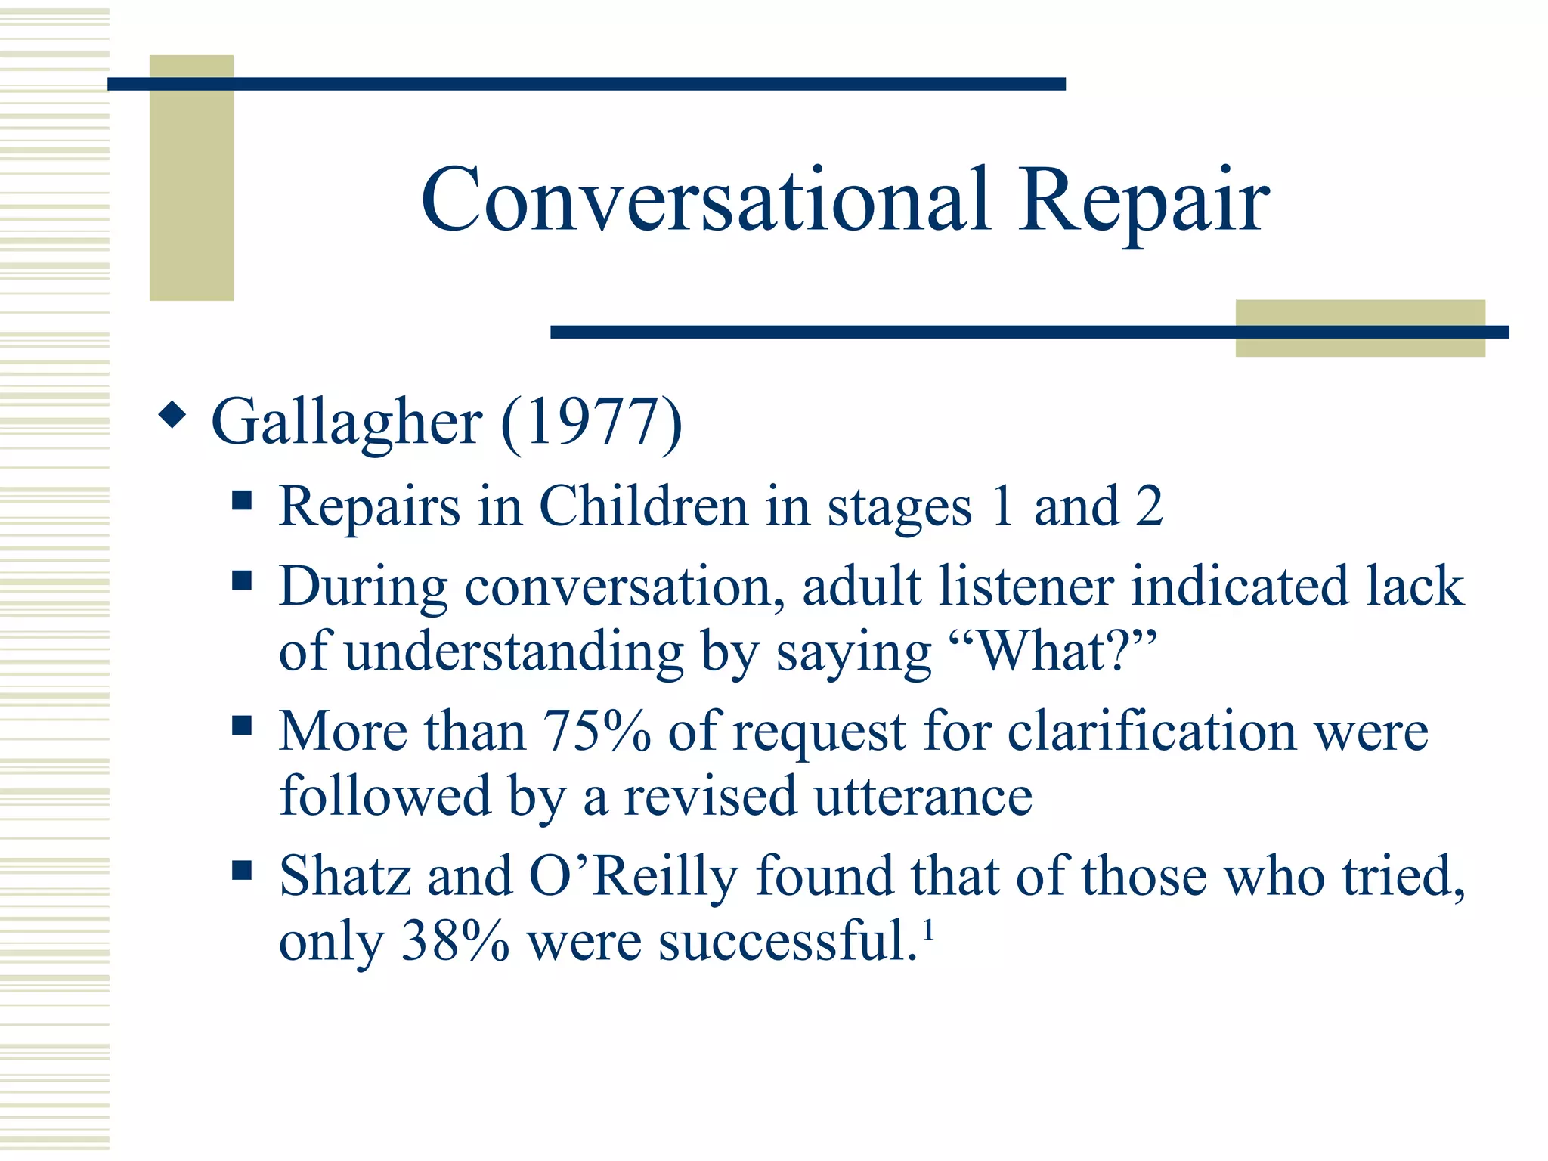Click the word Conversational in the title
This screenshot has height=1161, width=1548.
click(x=705, y=200)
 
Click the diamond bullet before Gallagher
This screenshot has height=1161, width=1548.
click(x=173, y=414)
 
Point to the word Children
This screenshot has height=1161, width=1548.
click(x=642, y=506)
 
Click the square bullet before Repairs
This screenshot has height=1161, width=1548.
click(x=242, y=500)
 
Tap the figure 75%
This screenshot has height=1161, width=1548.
click(x=596, y=731)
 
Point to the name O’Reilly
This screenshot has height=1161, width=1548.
click(x=632, y=877)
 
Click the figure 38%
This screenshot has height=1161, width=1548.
click(x=455, y=942)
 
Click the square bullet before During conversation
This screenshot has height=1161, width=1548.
click(x=242, y=580)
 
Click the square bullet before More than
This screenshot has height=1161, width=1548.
click(x=242, y=726)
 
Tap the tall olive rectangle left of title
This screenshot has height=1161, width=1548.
click(x=191, y=178)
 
